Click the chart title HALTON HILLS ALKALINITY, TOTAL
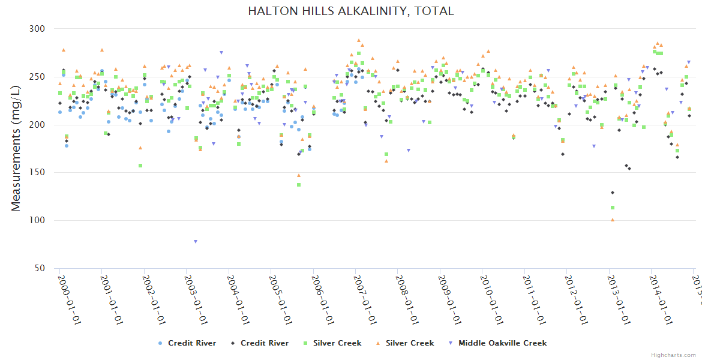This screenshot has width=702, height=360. (x=351, y=11)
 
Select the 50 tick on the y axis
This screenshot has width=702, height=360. (x=40, y=268)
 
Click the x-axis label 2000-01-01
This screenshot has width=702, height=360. (x=69, y=299)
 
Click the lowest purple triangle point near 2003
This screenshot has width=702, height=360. (x=196, y=242)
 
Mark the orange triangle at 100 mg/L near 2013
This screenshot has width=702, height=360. (x=613, y=220)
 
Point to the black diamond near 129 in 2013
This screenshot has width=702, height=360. (x=613, y=193)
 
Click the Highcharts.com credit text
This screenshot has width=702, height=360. (x=674, y=355)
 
